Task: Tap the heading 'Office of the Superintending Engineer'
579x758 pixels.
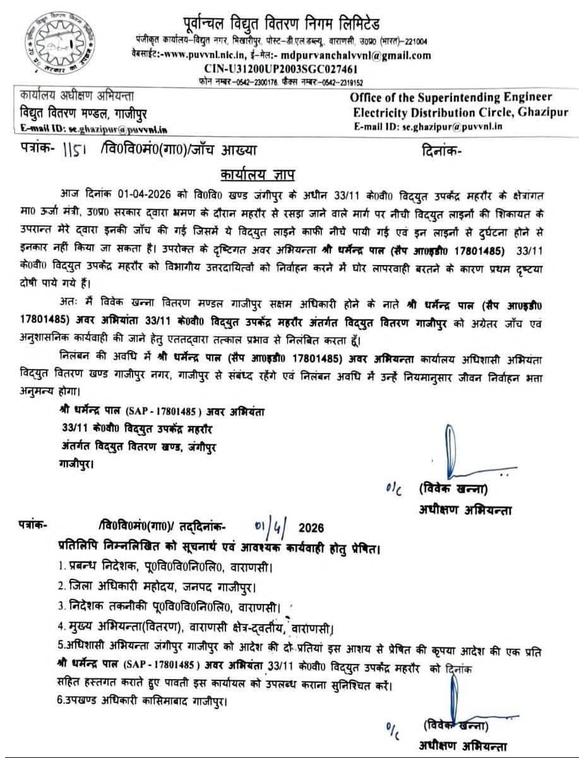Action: pyautogui.click(x=451, y=97)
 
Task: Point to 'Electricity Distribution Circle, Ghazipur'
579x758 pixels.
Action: pyautogui.click(x=460, y=112)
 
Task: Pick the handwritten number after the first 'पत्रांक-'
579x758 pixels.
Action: pyautogui.click(x=76, y=151)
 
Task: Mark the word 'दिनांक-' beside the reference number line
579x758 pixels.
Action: pyautogui.click(x=440, y=151)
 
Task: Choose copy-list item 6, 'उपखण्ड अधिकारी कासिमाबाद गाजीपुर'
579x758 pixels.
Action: pyautogui.click(x=141, y=701)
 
